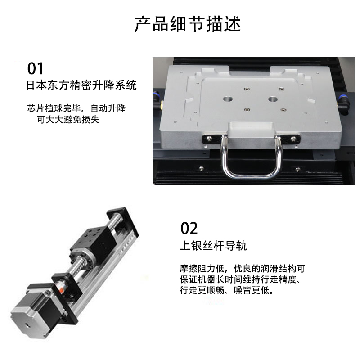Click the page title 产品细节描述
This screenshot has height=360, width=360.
187,24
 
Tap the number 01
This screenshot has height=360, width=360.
35,69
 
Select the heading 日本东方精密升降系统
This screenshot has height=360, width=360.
81,85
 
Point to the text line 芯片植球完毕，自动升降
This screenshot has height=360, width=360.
76,108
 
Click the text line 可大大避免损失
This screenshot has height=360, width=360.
68,119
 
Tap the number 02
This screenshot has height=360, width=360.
189,228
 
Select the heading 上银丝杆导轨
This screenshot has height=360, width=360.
213,246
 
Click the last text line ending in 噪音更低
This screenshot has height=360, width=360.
227,290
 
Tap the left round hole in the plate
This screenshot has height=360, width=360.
228,99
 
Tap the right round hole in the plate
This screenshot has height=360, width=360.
273,99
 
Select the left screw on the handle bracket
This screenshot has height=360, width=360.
209,139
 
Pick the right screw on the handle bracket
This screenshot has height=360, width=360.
293,138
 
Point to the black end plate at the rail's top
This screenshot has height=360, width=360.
123,221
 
